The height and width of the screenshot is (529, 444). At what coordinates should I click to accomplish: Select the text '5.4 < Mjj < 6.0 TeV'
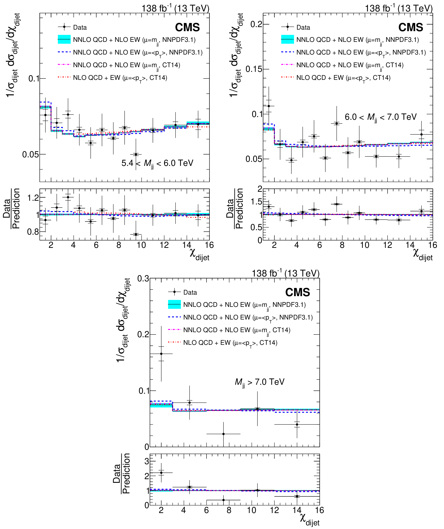pyautogui.click(x=157, y=163)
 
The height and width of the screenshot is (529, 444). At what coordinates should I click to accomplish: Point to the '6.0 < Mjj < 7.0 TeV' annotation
pyautogui.click(x=381, y=117)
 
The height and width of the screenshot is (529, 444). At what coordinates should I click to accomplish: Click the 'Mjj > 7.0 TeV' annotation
pyautogui.click(x=260, y=382)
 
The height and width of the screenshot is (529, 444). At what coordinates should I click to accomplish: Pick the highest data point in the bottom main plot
pyautogui.click(x=161, y=354)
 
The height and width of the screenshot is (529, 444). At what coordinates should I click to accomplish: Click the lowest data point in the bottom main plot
pyautogui.click(x=223, y=434)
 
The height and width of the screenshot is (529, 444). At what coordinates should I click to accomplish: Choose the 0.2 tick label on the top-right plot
pyautogui.click(x=256, y=25)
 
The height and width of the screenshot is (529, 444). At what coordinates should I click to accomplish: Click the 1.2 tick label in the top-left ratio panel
pyautogui.click(x=33, y=198)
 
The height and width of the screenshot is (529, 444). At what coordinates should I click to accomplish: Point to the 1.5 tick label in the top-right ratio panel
pyautogui.click(x=256, y=202)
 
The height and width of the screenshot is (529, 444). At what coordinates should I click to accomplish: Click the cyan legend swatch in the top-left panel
pyautogui.click(x=64, y=40)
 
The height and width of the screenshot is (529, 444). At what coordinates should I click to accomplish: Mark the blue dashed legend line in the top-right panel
pyautogui.click(x=288, y=52)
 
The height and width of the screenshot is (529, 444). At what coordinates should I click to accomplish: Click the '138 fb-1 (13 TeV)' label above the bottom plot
pyautogui.click(x=285, y=273)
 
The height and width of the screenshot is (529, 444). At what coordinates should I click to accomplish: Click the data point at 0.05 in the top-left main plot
pyautogui.click(x=136, y=154)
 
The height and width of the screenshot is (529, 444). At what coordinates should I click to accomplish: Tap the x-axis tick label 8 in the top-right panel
pyautogui.click(x=342, y=245)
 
